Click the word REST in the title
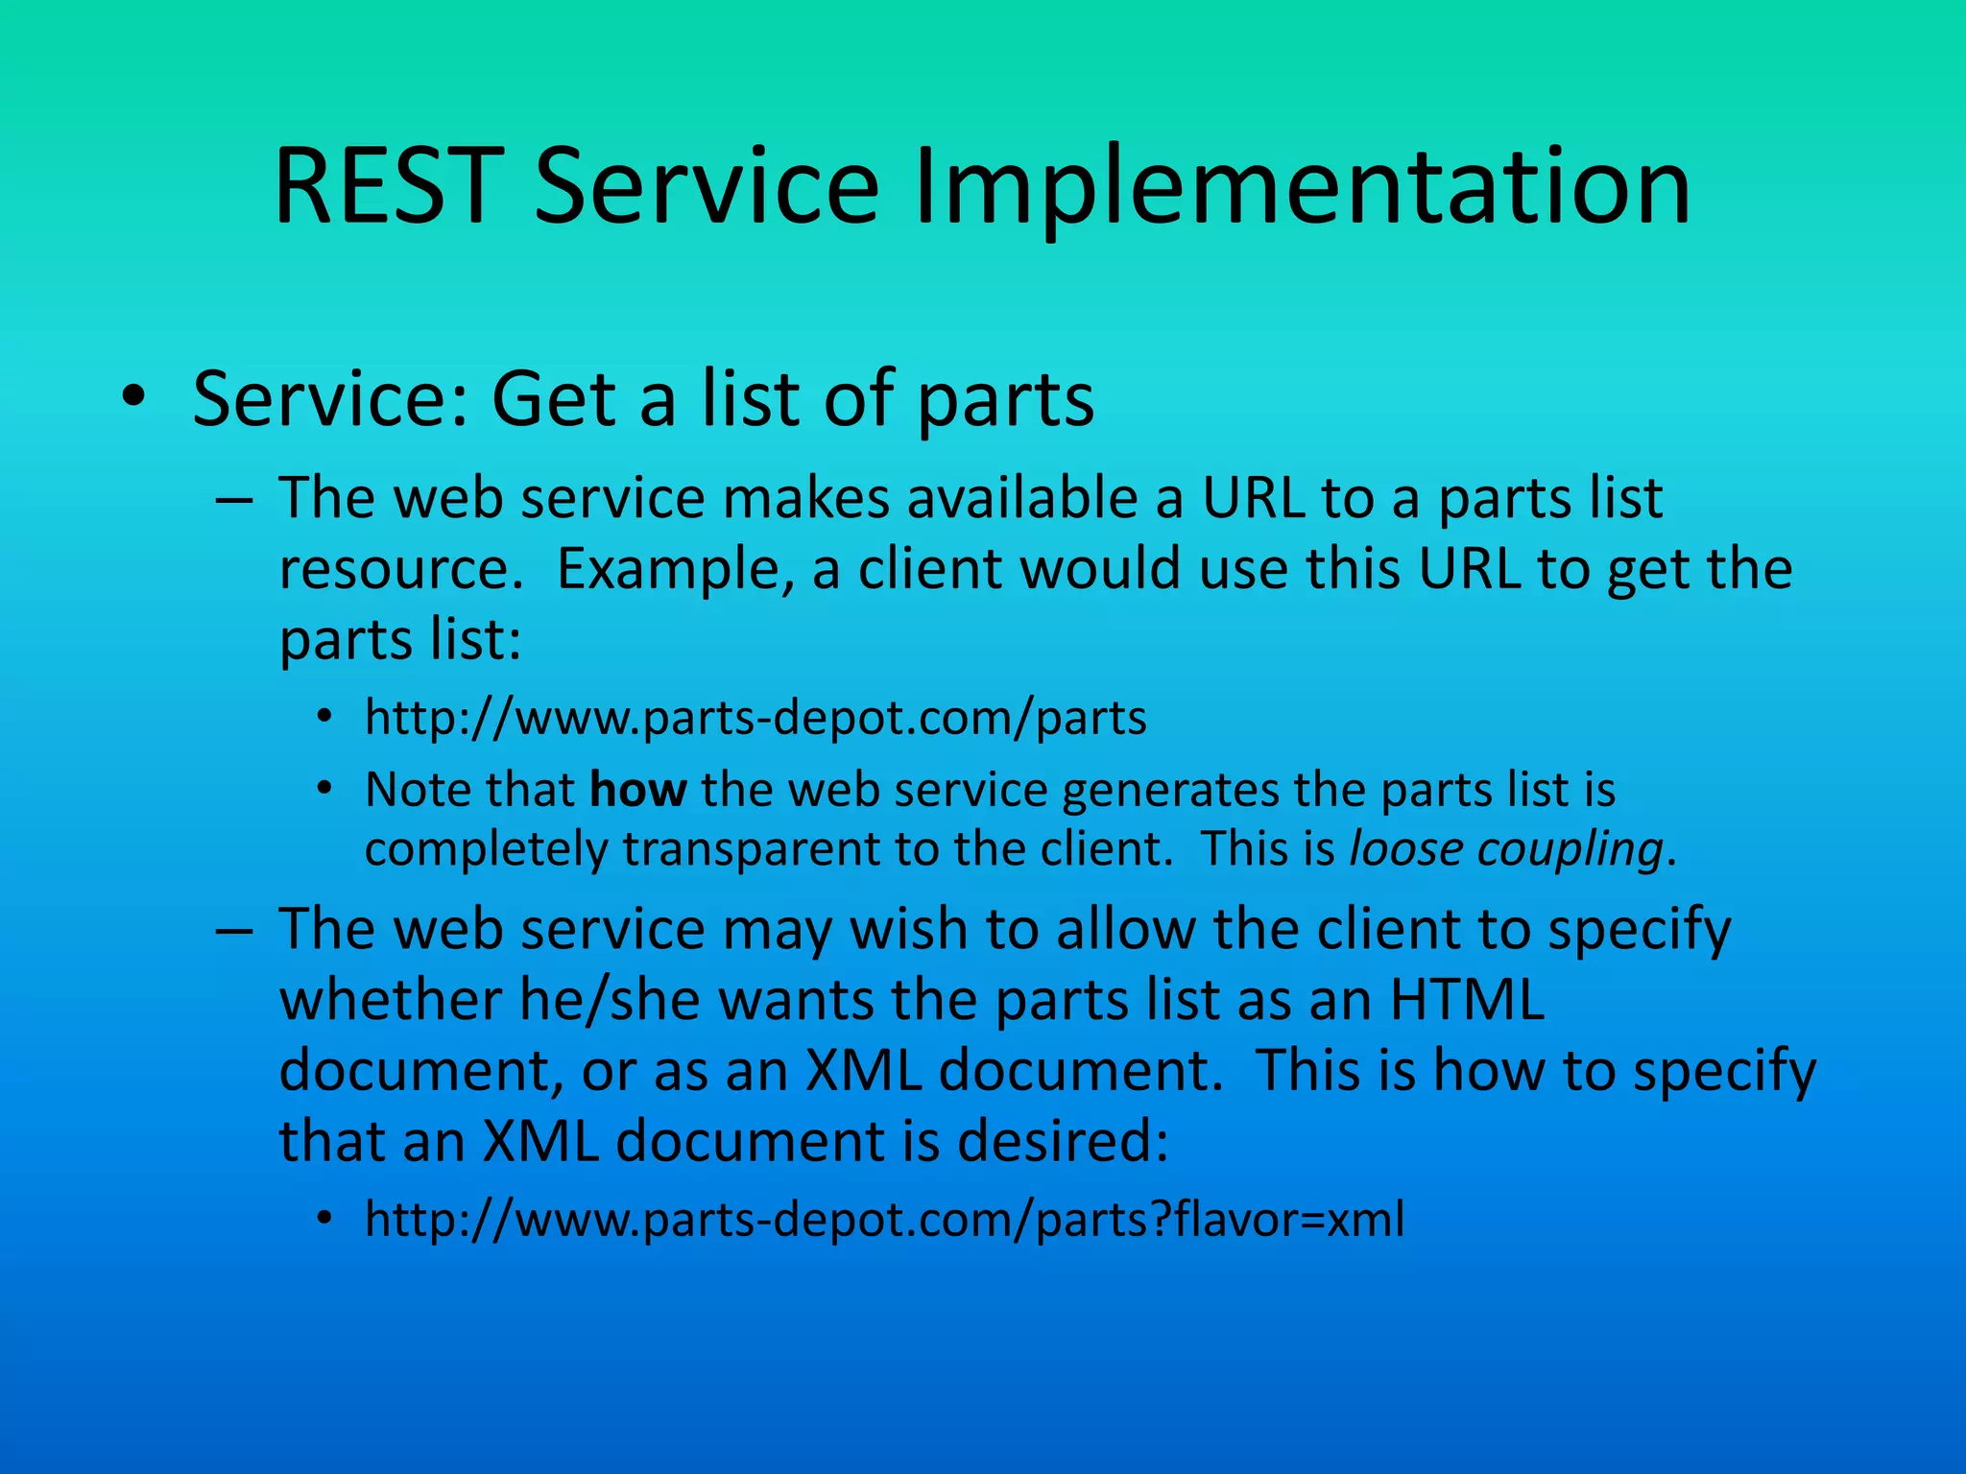tap(389, 187)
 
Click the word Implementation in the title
tap(1302, 187)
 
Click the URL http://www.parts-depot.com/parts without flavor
tap(755, 718)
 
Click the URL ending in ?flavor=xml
tap(884, 1220)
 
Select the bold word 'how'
tap(637, 791)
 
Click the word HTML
tap(1467, 1000)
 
